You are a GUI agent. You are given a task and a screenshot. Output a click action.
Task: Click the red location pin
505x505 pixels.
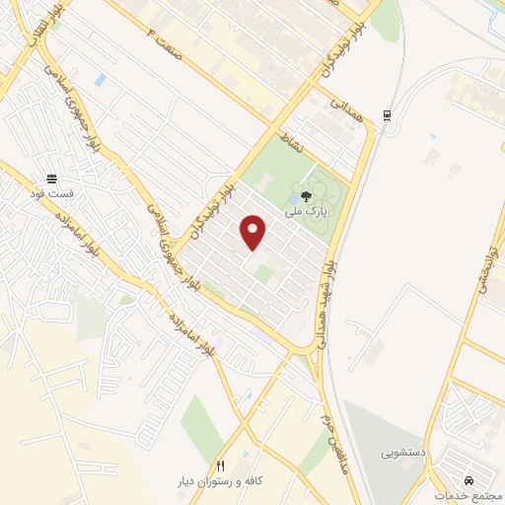click(x=254, y=232)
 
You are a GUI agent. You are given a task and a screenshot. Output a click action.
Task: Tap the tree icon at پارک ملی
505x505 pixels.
click(x=307, y=195)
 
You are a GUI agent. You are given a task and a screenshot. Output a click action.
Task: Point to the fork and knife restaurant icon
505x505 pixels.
click(x=221, y=465)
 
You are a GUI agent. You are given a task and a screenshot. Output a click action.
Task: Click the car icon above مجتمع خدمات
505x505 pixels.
click(x=455, y=475)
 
